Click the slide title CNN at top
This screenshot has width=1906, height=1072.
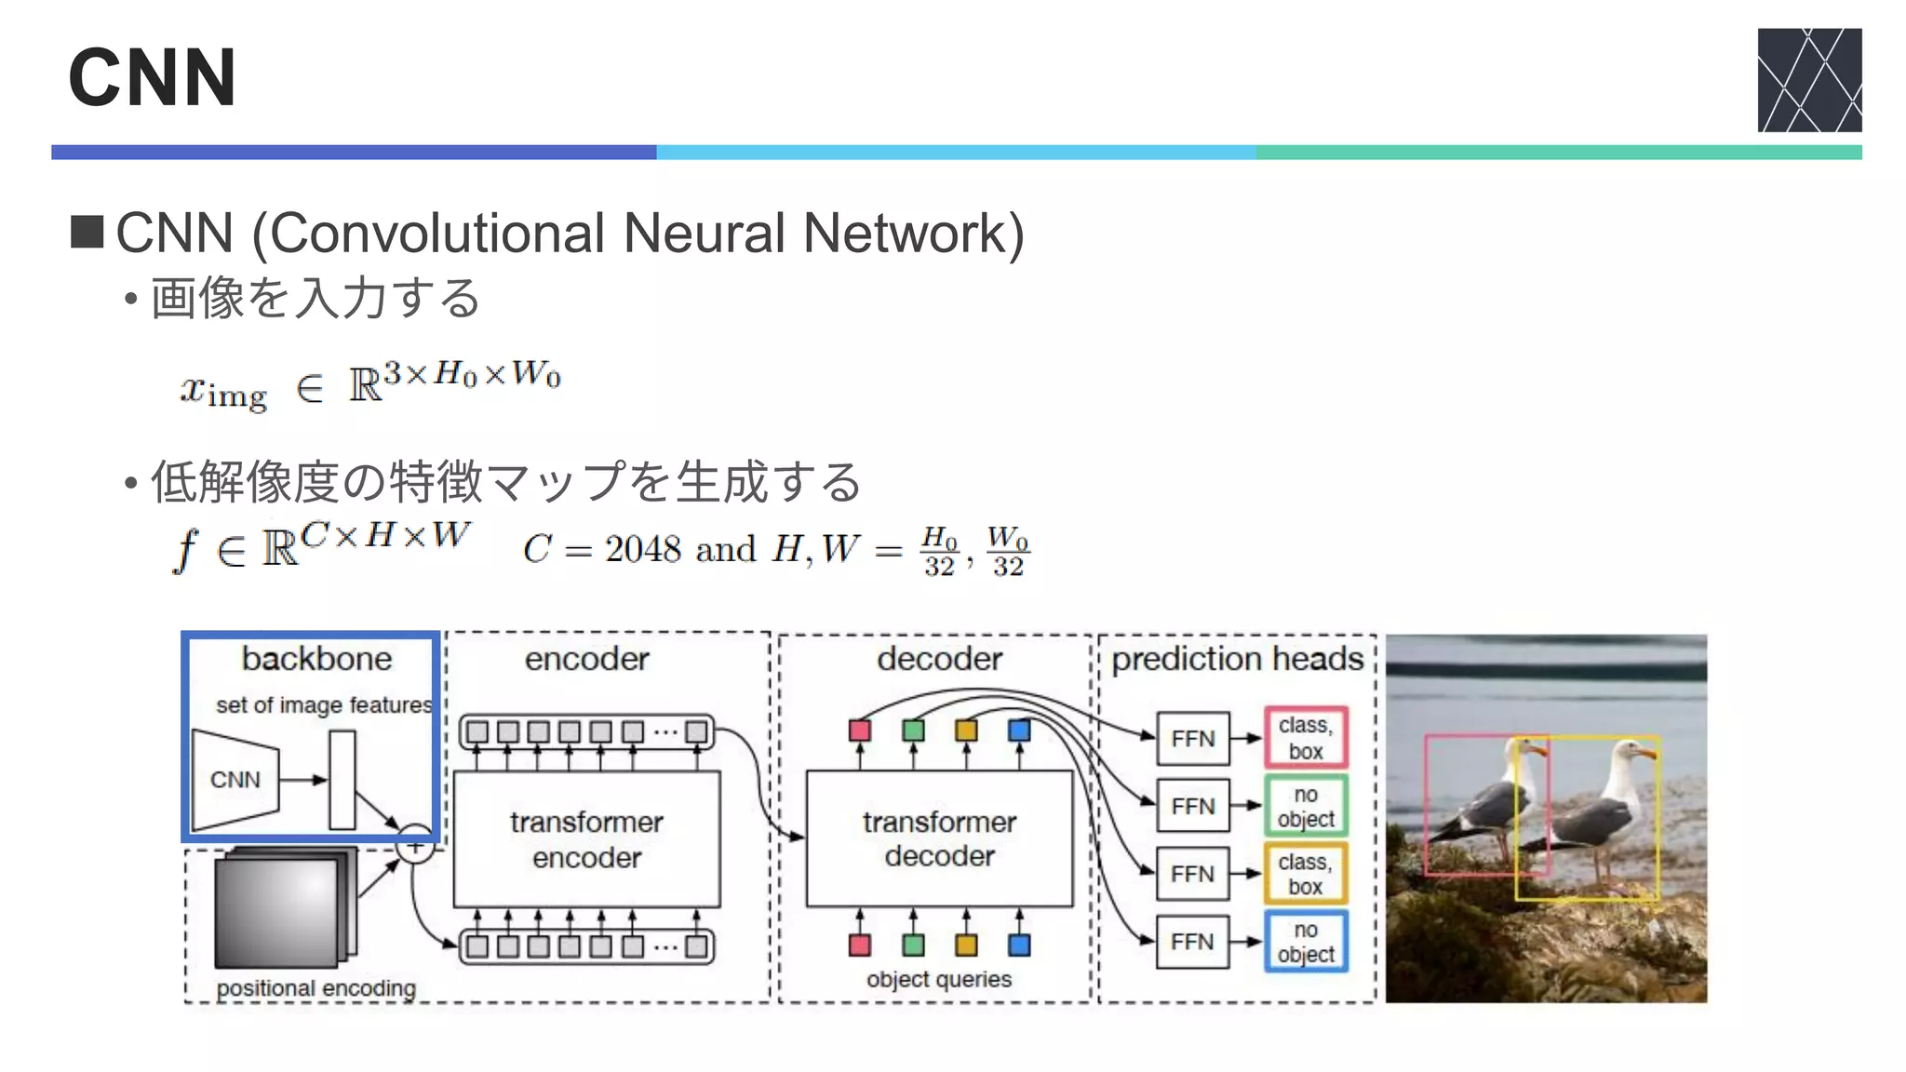(152, 78)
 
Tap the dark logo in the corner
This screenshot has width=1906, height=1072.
(1808, 80)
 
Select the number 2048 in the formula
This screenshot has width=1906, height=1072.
(642, 549)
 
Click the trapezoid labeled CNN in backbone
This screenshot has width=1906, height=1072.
(235, 780)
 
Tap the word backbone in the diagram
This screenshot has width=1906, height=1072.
(316, 659)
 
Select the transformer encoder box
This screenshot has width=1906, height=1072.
(586, 838)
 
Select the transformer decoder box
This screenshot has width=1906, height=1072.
(939, 838)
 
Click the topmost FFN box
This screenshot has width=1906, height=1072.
(1192, 739)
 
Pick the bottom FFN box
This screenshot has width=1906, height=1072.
(1192, 942)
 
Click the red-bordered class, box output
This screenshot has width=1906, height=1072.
(1306, 738)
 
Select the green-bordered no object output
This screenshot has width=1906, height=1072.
(1306, 806)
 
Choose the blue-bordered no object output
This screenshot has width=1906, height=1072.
(1306, 942)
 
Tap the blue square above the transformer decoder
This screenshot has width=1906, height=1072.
(1019, 730)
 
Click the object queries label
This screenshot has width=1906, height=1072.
(938, 979)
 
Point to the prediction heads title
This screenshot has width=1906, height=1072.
(1237, 659)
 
